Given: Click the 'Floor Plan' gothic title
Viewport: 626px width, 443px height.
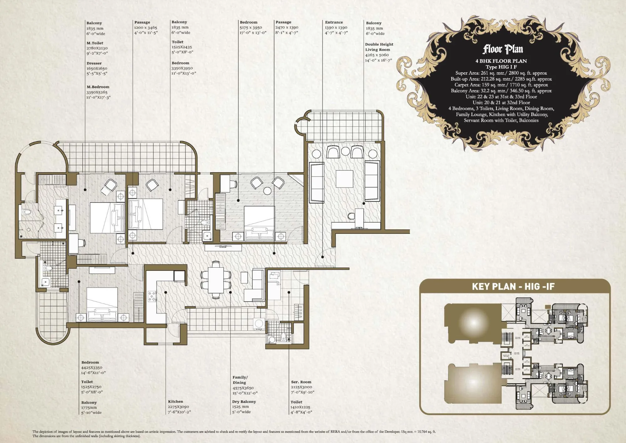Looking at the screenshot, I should (502, 49).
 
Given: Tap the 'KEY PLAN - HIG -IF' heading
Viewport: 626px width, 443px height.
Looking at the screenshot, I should (513, 286).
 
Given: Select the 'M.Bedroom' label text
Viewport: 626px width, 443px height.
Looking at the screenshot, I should (98, 87).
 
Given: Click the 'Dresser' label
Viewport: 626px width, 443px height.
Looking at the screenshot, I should (94, 63).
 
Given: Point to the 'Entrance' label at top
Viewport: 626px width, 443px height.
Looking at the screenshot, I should (334, 22).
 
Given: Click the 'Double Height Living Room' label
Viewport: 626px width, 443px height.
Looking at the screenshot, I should (379, 47).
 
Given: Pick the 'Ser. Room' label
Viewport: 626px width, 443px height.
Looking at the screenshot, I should (301, 382).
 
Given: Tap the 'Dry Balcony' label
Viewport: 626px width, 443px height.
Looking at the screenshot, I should (244, 401).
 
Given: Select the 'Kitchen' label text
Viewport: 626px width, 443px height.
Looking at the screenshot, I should (175, 401).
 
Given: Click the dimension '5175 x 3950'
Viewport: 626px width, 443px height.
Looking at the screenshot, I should (251, 28).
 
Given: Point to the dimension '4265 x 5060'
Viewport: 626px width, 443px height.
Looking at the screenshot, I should (377, 55).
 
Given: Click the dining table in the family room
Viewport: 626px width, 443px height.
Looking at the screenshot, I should (216, 279).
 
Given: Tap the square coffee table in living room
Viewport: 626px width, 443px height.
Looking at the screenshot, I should (345, 178).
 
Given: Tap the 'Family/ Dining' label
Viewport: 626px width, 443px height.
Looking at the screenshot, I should (240, 380).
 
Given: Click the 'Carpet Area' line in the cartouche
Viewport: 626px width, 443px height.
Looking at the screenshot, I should (501, 85).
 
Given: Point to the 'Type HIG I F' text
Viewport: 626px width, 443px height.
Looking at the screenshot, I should (501, 67).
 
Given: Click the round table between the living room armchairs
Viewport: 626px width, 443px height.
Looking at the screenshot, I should (345, 151).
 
